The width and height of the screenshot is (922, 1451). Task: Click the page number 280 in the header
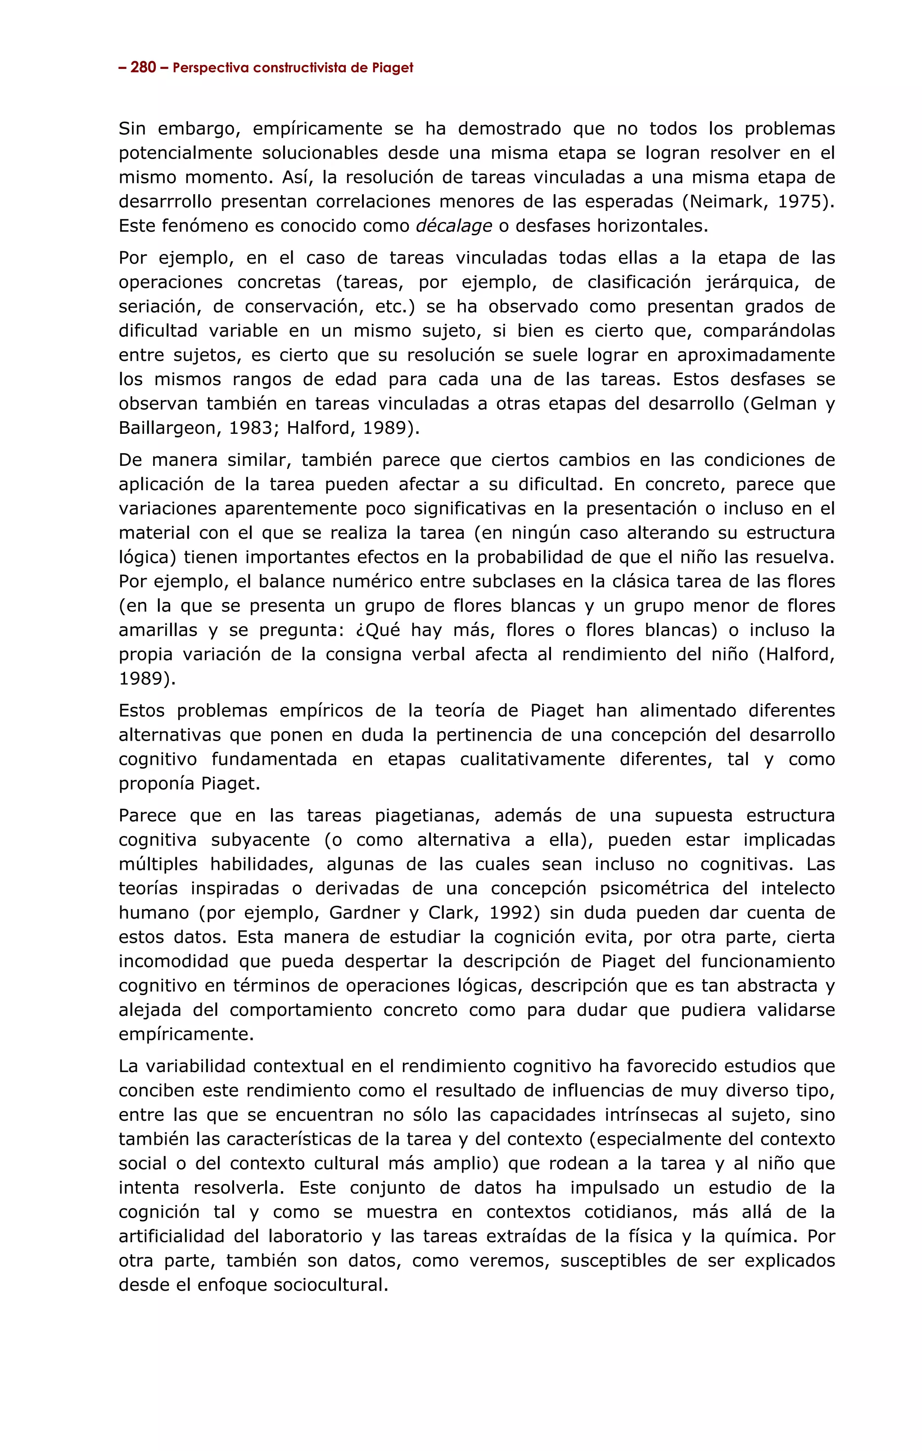pyautogui.click(x=143, y=68)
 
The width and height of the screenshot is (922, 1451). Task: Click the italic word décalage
pyautogui.click(x=454, y=226)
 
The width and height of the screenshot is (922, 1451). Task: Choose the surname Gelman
pyautogui.click(x=783, y=403)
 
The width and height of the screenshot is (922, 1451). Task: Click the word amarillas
pyautogui.click(x=158, y=630)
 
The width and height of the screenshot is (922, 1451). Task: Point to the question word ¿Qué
pyautogui.click(x=376, y=630)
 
